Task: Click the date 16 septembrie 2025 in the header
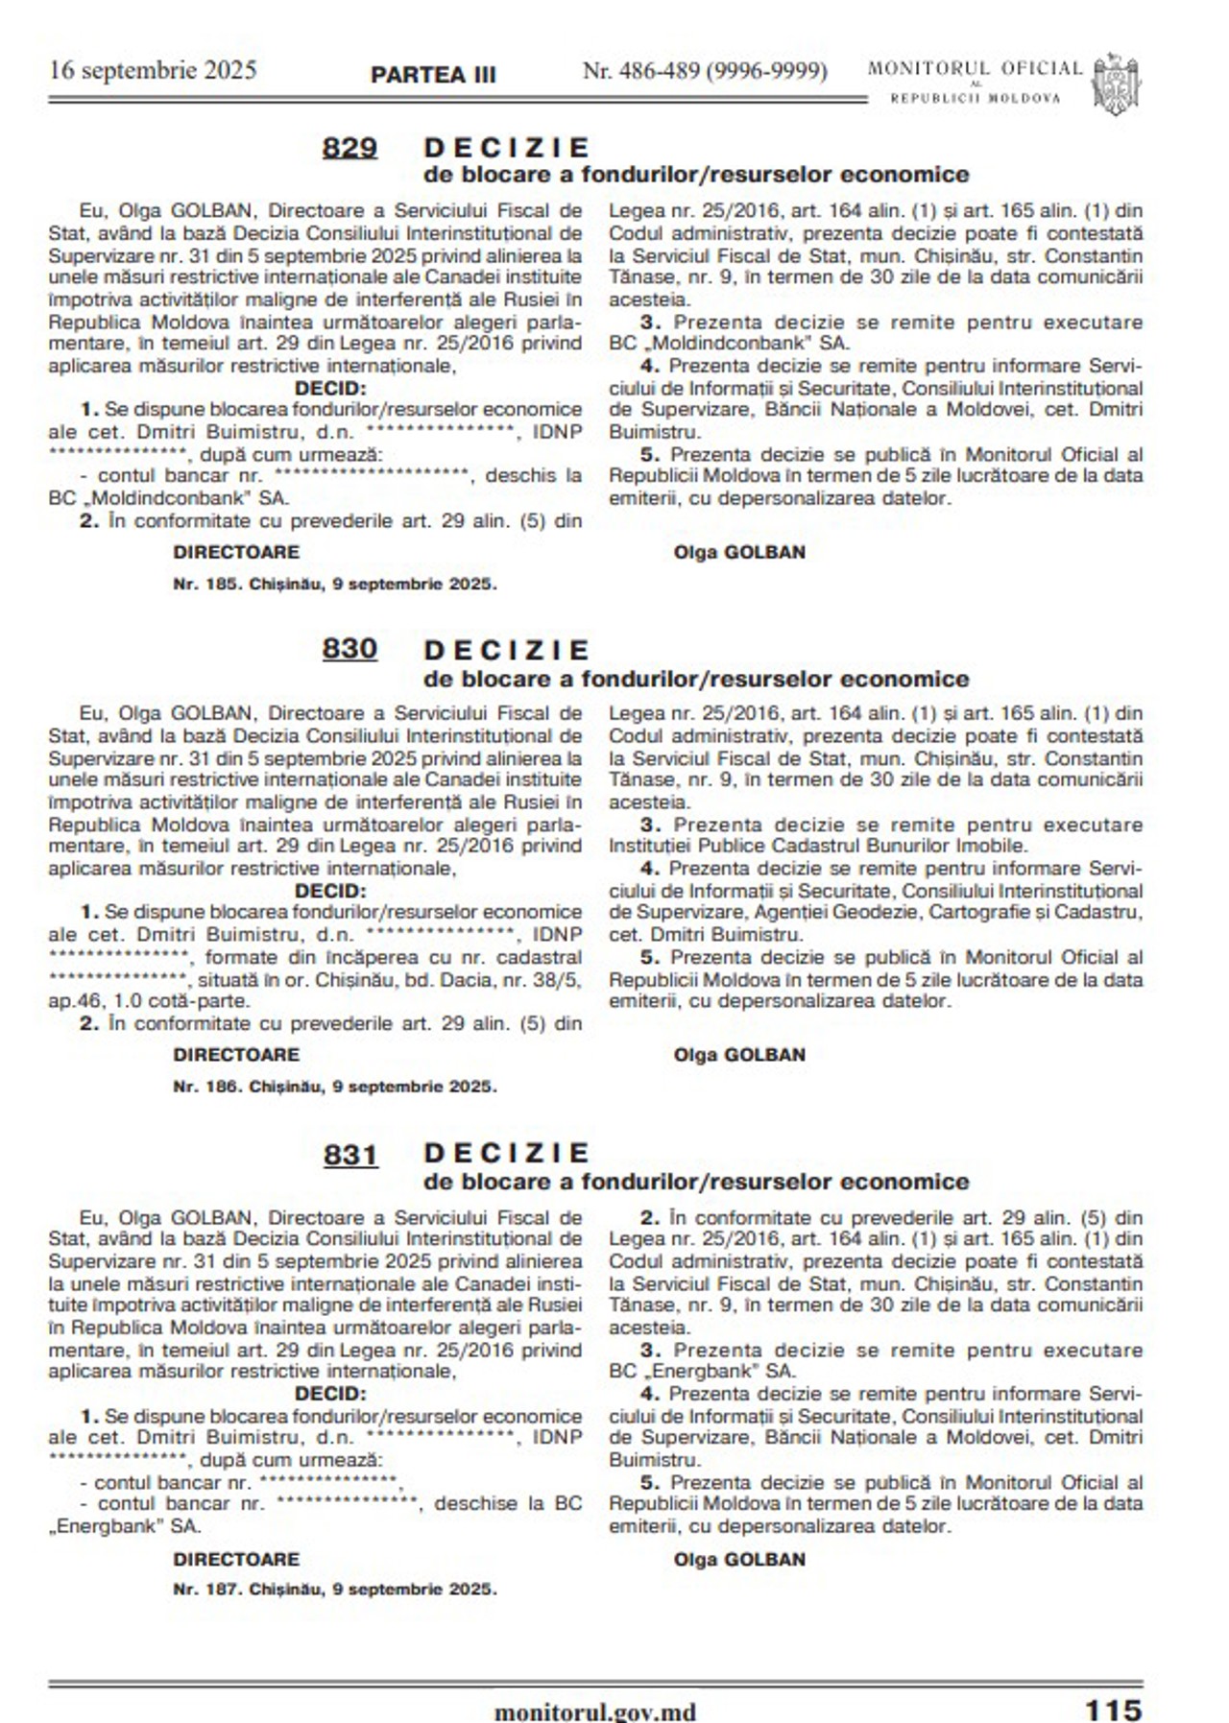point(153,70)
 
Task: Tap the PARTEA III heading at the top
point(433,75)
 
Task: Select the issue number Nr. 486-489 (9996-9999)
point(705,71)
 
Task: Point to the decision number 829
point(349,148)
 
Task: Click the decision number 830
point(349,650)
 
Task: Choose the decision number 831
point(350,1154)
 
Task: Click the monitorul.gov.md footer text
point(594,1711)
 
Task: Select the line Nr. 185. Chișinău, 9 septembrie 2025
point(335,584)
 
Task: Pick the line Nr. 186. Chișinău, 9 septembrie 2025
point(335,1087)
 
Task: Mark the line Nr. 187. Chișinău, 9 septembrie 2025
point(335,1590)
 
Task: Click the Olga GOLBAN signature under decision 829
point(739,552)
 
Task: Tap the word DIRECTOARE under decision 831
point(236,1559)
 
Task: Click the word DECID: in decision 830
point(330,891)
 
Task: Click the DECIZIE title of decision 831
point(506,1153)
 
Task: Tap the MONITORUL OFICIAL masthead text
point(975,69)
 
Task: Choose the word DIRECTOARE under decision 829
point(236,552)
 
